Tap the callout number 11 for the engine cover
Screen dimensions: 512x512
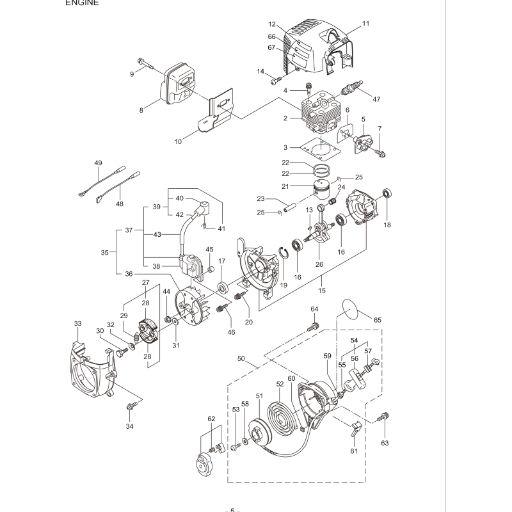(x=365, y=24)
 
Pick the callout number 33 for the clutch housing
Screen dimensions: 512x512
(x=77, y=324)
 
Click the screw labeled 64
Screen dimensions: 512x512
(x=313, y=326)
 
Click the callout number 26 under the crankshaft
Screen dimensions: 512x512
(x=319, y=264)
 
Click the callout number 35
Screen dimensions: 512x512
(x=104, y=252)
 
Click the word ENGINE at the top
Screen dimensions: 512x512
(x=82, y=3)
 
